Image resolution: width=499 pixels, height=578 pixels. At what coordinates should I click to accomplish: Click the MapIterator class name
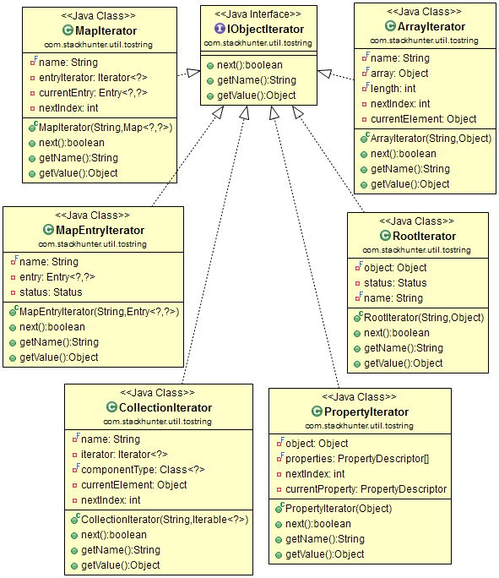point(106,30)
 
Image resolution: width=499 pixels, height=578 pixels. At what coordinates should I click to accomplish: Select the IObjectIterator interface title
point(265,29)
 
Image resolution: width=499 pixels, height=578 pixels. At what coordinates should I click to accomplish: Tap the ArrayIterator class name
point(431,26)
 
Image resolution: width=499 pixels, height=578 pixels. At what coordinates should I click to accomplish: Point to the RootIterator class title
point(424,236)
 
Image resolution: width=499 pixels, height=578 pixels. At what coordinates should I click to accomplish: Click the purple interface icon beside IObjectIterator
point(220,29)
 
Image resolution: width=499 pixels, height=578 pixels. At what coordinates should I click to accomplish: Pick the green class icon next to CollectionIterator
point(111,407)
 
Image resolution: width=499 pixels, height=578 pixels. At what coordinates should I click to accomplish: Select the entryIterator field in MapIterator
point(93,78)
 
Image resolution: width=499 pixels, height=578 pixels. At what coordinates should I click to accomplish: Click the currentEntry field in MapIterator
point(93,92)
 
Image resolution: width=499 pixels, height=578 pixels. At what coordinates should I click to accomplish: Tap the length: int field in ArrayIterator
point(393,89)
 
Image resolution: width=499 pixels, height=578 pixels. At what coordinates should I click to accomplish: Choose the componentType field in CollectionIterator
point(143,470)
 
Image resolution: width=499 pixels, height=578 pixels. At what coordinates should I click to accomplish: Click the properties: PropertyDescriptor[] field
point(357,459)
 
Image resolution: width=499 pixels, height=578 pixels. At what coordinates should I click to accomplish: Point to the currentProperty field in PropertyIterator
point(366,489)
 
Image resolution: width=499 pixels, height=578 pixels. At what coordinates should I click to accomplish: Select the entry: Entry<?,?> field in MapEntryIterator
point(57,277)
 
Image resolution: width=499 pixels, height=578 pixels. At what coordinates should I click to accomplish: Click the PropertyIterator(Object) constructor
point(339,509)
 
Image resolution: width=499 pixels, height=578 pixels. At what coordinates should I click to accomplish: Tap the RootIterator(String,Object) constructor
point(424,318)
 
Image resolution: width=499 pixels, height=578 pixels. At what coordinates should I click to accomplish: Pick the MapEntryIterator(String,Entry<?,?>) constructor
point(99,312)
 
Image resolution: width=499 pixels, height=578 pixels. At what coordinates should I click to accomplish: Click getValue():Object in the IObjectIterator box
point(257,95)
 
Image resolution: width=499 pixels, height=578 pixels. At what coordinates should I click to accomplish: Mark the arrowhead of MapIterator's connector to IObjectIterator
point(193,73)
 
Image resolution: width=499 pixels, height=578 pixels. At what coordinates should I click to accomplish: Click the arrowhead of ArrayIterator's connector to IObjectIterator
point(324,74)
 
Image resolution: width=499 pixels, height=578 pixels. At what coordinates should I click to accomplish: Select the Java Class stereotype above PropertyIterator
point(359,396)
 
